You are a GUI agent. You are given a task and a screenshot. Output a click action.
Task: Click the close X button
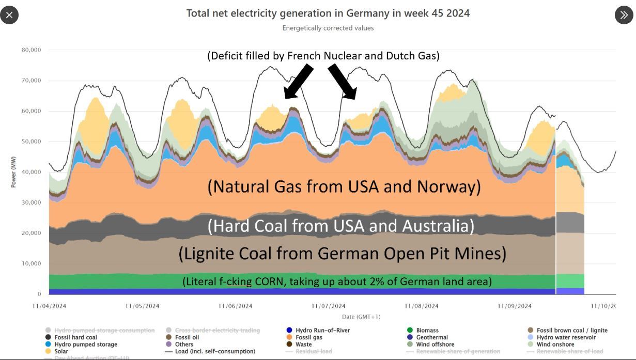pyautogui.click(x=9, y=15)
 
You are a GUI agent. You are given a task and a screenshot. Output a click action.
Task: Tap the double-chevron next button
pyautogui.click(x=624, y=15)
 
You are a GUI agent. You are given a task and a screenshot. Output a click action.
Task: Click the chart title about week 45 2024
pyautogui.click(x=328, y=13)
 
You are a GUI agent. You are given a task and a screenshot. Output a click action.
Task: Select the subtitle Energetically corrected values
pyautogui.click(x=328, y=28)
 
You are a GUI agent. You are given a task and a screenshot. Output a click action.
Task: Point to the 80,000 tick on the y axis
pyautogui.click(x=31, y=50)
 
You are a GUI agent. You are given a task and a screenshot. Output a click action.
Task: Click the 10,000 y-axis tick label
pyautogui.click(x=31, y=263)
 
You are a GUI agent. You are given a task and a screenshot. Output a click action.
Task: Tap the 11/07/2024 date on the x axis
pyautogui.click(x=328, y=306)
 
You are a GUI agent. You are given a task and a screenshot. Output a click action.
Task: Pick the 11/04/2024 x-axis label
pyautogui.click(x=49, y=306)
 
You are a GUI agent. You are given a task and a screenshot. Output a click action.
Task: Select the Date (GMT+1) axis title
pyautogui.click(x=361, y=316)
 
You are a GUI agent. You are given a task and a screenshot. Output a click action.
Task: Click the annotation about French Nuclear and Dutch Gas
pyautogui.click(x=323, y=55)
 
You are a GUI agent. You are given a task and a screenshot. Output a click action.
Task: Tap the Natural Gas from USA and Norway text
pyautogui.click(x=344, y=186)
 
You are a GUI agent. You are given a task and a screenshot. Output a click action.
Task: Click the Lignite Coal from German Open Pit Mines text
pyautogui.click(x=342, y=253)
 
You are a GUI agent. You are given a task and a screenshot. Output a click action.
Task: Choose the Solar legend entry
pyautogui.click(x=61, y=351)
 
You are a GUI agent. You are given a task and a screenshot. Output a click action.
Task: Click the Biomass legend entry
pyautogui.click(x=427, y=331)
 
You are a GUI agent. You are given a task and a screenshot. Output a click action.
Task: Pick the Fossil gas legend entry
pyautogui.click(x=308, y=337)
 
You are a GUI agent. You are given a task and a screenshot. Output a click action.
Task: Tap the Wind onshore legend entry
pyautogui.click(x=555, y=345)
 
